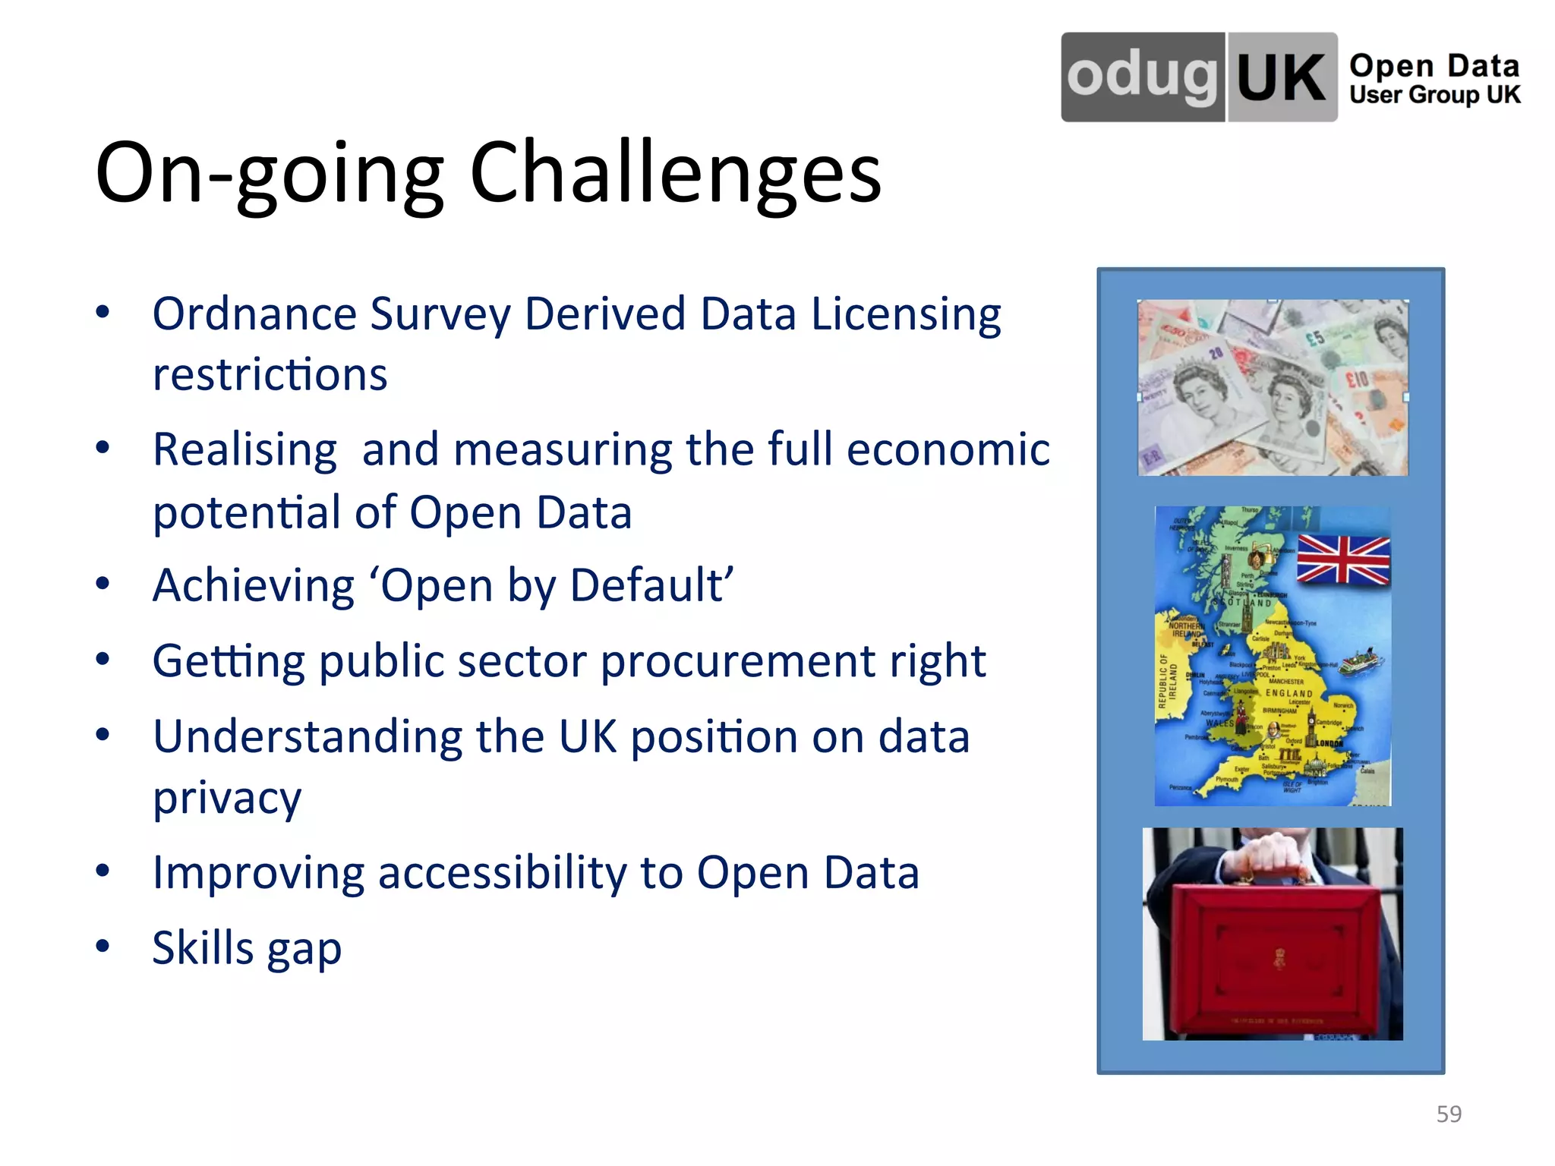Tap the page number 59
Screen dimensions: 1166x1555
pyautogui.click(x=1449, y=1114)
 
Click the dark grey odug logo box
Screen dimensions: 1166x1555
pyautogui.click(x=1143, y=77)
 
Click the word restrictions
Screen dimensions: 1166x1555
pyautogui.click(x=270, y=374)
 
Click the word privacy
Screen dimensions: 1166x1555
pyautogui.click(x=227, y=799)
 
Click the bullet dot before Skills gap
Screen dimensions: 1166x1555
pyautogui.click(x=103, y=946)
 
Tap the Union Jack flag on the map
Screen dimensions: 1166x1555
pyautogui.click(x=1343, y=559)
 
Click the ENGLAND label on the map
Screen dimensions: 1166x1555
pyautogui.click(x=1288, y=693)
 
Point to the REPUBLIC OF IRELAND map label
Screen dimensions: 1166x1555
pyautogui.click(x=1167, y=682)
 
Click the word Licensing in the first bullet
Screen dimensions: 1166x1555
pyautogui.click(x=906, y=314)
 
